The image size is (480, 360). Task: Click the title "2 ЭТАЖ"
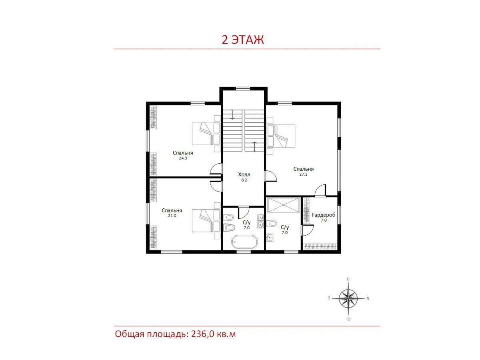242,40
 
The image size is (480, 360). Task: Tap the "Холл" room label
244,175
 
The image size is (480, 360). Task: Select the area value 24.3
183,158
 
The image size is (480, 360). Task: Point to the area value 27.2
303,174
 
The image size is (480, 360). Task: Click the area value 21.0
172,216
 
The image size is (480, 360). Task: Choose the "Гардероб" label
323,215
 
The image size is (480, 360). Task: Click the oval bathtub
244,242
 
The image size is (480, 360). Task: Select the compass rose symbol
348,298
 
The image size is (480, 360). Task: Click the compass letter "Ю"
348,319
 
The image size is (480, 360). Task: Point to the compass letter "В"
368,298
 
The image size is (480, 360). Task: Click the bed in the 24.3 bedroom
206,133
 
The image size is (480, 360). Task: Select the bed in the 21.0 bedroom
206,220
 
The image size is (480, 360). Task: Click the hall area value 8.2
244,180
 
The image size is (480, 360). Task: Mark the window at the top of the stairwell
242,88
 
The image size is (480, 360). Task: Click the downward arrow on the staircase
233,114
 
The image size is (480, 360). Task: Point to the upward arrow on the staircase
254,146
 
